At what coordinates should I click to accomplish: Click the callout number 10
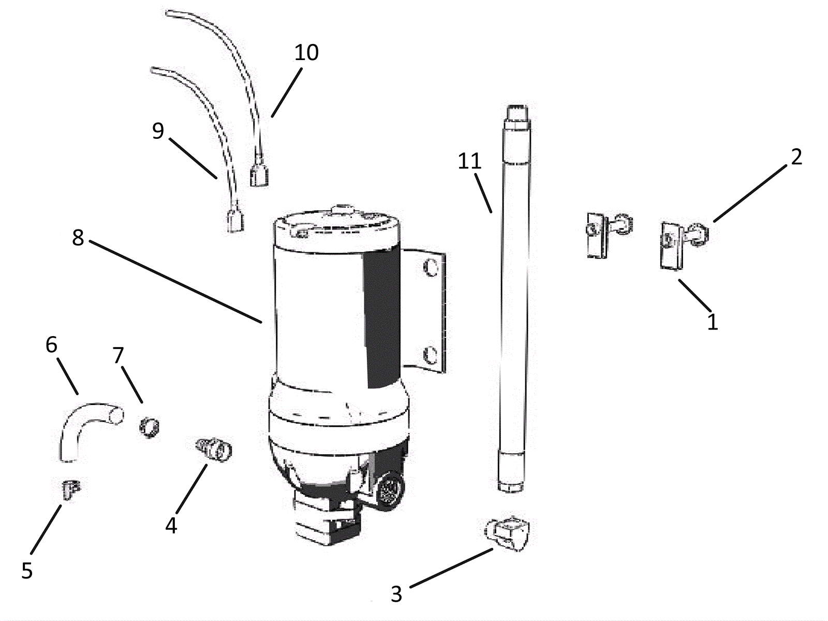click(x=306, y=52)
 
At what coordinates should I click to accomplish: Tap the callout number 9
click(x=158, y=131)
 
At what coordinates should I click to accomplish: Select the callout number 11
click(x=469, y=161)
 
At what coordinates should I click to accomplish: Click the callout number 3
click(x=396, y=594)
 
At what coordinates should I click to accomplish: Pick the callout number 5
click(x=27, y=570)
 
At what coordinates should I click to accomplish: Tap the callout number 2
click(x=796, y=156)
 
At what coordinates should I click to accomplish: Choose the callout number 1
click(x=712, y=322)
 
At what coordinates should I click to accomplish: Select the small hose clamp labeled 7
click(x=149, y=428)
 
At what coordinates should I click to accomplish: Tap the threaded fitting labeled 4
click(x=213, y=449)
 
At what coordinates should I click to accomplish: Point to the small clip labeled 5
click(x=71, y=489)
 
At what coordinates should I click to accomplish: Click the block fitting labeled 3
click(x=507, y=533)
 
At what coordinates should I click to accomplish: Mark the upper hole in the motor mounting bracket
click(x=431, y=268)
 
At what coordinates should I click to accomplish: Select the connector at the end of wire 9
click(x=235, y=221)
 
